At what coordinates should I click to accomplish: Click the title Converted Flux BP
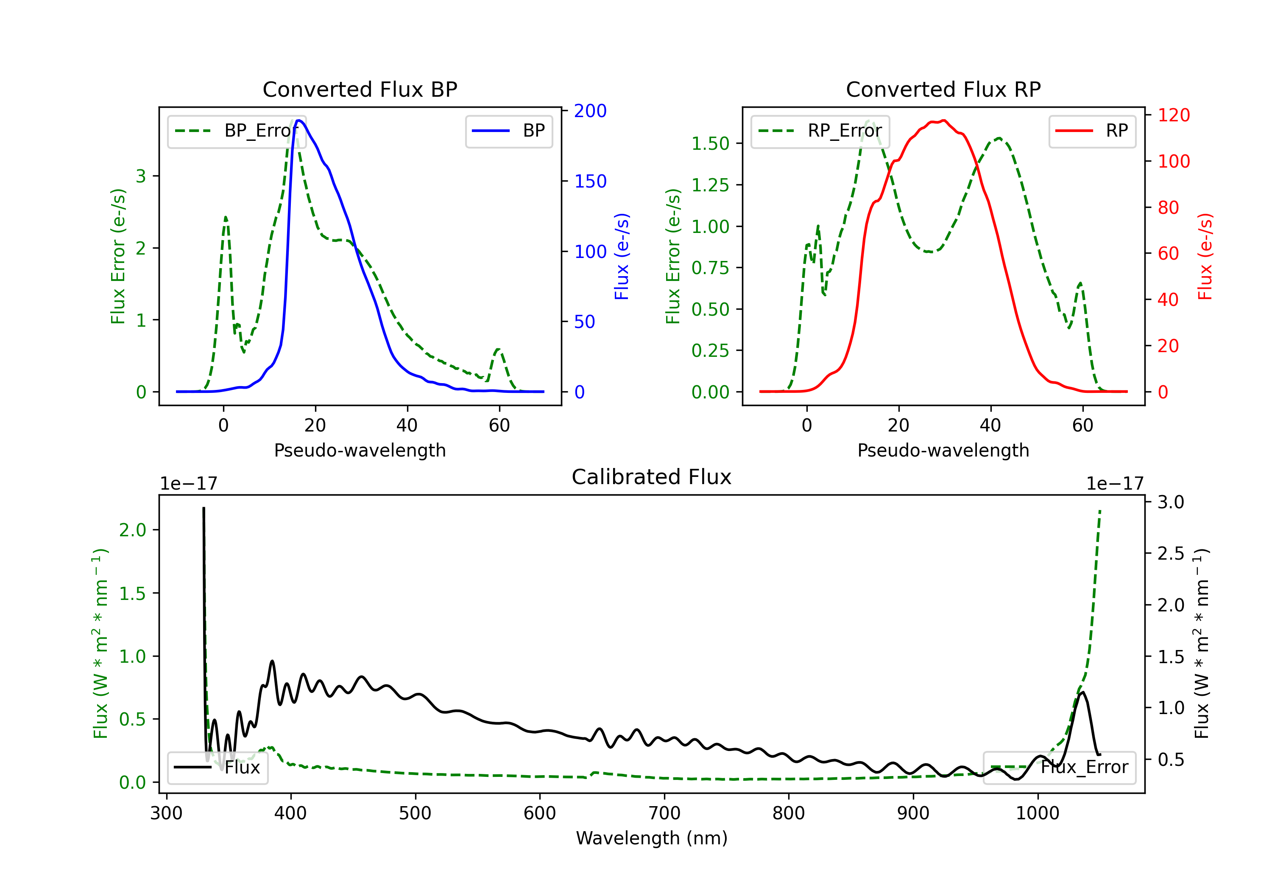pyautogui.click(x=360, y=89)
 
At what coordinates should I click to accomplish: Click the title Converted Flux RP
pyautogui.click(x=943, y=89)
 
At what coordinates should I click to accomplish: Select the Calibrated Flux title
pyautogui.click(x=652, y=477)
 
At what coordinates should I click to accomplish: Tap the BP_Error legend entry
pyautogui.click(x=237, y=131)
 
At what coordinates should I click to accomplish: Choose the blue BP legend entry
pyautogui.click(x=508, y=131)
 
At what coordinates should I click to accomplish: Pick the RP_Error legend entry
pyautogui.click(x=820, y=131)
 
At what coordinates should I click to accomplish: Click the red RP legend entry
pyautogui.click(x=1092, y=131)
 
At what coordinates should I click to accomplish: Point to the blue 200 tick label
pyautogui.click(x=590, y=111)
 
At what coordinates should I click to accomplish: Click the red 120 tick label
pyautogui.click(x=1173, y=115)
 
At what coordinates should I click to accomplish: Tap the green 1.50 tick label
pyautogui.click(x=710, y=143)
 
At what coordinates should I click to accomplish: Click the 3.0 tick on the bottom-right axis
pyautogui.click(x=1171, y=502)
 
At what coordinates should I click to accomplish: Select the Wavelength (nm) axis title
pyautogui.click(x=652, y=838)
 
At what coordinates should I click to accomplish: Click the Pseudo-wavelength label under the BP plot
pyautogui.click(x=360, y=450)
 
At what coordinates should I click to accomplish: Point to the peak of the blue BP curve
pyautogui.click(x=298, y=120)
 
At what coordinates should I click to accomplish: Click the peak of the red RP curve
pyautogui.click(x=944, y=120)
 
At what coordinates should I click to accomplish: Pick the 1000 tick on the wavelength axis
pyautogui.click(x=1038, y=813)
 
